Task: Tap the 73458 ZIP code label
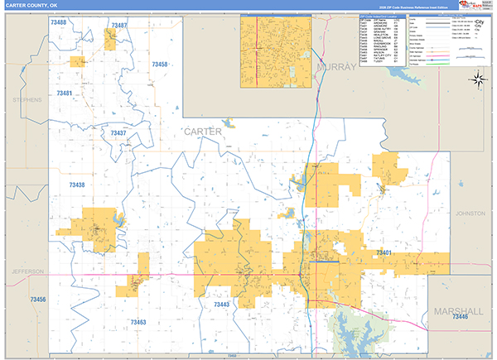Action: click(159, 64)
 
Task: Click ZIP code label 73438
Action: click(77, 185)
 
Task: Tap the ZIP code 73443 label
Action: click(221, 305)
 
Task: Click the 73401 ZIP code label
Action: click(384, 252)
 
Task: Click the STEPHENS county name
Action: click(27, 99)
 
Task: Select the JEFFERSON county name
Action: click(27, 271)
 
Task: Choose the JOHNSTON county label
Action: click(470, 213)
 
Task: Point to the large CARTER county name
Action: click(203, 132)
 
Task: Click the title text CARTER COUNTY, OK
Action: click(31, 5)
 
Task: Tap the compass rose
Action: click(478, 79)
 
